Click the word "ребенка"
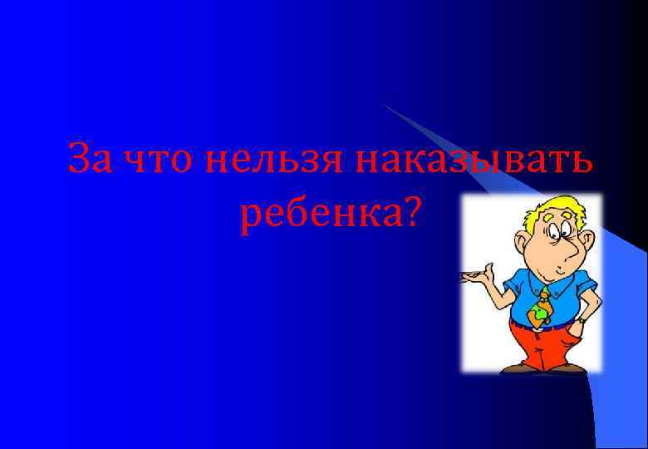pyautogui.click(x=319, y=215)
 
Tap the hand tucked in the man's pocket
pyautogui.click(x=581, y=319)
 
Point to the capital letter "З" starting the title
pyautogui.click(x=80, y=158)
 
